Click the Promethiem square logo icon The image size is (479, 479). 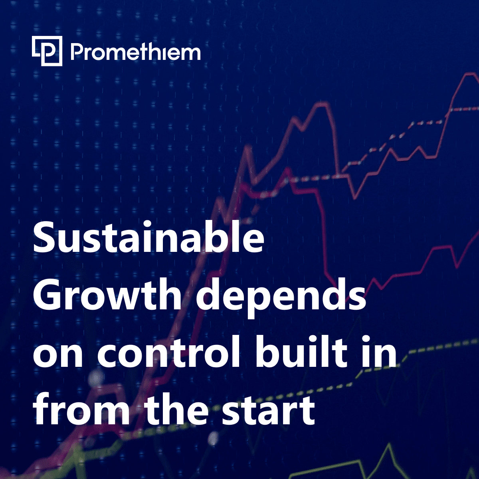click(x=47, y=51)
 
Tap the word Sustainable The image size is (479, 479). click(x=148, y=237)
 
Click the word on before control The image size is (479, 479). click(x=57, y=356)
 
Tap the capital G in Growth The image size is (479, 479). click(x=47, y=294)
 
